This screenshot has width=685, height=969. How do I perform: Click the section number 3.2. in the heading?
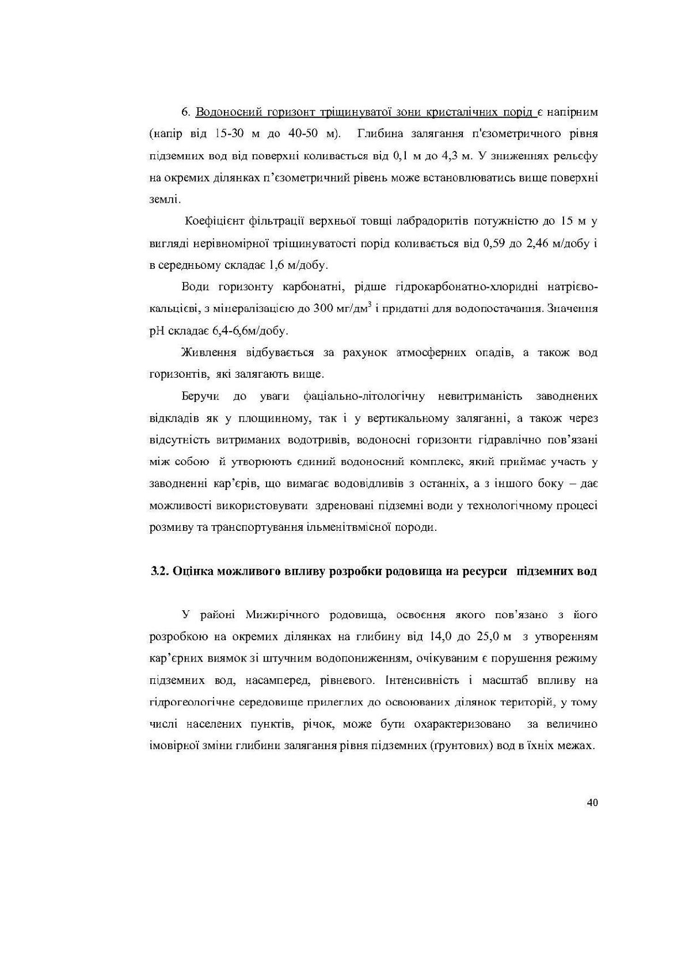158,572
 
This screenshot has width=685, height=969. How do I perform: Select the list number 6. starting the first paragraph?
186,112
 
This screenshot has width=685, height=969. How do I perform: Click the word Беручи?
198,396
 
